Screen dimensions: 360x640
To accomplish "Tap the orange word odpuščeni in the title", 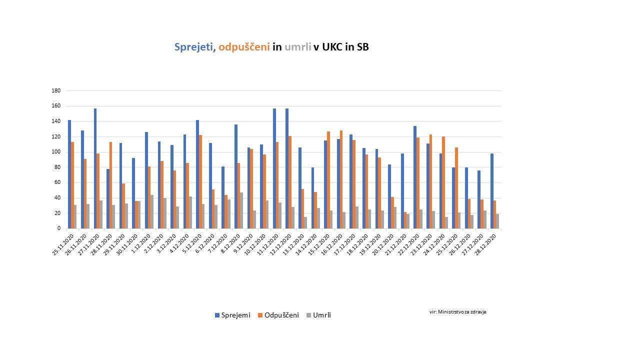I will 244,47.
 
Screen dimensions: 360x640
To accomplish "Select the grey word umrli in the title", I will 297,47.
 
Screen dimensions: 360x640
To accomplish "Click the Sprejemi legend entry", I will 232,315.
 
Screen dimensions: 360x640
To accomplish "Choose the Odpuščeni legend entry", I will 278,315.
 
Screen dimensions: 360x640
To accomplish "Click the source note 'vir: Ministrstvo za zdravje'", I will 457,311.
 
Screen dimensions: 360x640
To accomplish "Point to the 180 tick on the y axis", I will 56,91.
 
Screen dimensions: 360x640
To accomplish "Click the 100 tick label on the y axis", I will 56,152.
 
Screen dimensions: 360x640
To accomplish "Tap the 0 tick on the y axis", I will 58,228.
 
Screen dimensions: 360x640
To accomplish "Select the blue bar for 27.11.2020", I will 95,168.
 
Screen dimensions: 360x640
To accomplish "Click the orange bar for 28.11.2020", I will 110,185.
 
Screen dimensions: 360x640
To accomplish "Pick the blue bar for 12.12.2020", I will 287,168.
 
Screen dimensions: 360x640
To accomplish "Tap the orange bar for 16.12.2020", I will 341,179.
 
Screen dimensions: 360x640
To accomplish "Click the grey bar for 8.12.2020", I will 241,210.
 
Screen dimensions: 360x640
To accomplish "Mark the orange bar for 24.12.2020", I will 443,182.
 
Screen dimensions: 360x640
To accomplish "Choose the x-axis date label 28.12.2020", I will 485,244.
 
